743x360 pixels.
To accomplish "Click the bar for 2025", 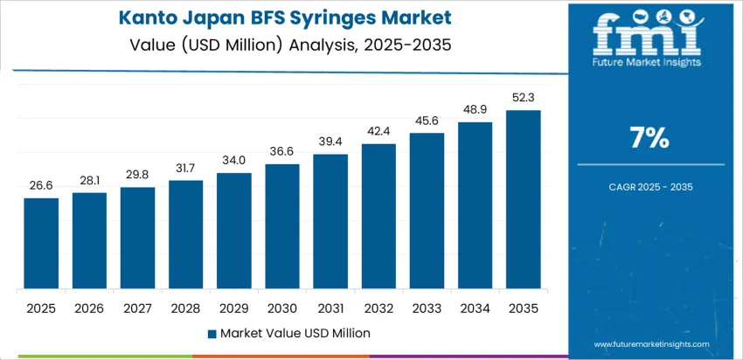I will point(41,244).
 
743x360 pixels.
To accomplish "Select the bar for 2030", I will point(282,226).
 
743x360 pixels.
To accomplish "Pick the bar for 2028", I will point(186,235).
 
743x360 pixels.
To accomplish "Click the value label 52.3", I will point(524,98).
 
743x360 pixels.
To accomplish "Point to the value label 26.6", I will point(41,186).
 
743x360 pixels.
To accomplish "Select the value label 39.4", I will point(330,142).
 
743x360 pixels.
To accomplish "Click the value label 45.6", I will point(427,121).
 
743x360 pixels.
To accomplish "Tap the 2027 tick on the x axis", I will point(137,308).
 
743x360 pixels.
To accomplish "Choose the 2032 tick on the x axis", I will point(378,308).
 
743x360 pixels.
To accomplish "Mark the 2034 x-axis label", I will point(476,308).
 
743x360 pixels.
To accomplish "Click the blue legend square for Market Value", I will point(211,333).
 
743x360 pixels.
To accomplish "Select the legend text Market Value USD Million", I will point(295,333).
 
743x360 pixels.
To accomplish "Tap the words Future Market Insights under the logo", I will point(649,63).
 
